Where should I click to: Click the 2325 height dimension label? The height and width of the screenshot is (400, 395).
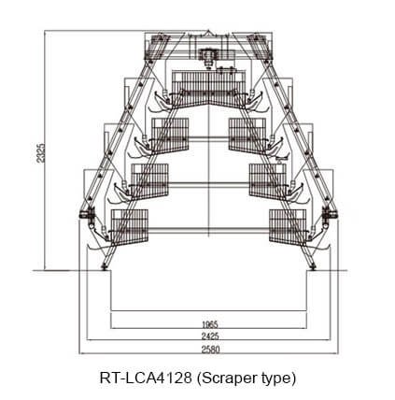40,152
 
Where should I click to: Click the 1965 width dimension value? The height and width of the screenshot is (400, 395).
210,324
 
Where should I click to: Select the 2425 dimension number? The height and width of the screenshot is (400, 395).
210,336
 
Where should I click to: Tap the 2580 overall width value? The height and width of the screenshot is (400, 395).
210,350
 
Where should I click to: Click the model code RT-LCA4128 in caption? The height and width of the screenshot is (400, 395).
146,379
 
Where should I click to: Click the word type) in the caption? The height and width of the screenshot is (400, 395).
278,379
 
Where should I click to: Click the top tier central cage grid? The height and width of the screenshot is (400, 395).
208,87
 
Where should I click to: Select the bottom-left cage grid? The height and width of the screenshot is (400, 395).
130,226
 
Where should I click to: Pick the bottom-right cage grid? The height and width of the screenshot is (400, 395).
288,227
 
